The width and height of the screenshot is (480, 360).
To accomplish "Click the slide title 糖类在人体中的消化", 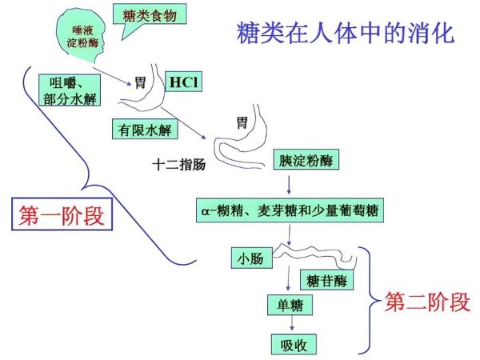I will coord(346,34).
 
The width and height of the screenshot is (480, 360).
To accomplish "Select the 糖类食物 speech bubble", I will coord(150,15).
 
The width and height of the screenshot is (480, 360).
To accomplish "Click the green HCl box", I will coord(182,82).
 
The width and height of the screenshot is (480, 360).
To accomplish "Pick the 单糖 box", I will coord(289,306).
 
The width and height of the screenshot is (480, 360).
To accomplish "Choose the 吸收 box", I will coord(289,345).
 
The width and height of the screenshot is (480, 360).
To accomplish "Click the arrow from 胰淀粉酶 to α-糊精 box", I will coord(289,184).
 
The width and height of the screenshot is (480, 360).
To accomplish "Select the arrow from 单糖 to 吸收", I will coord(289,325).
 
